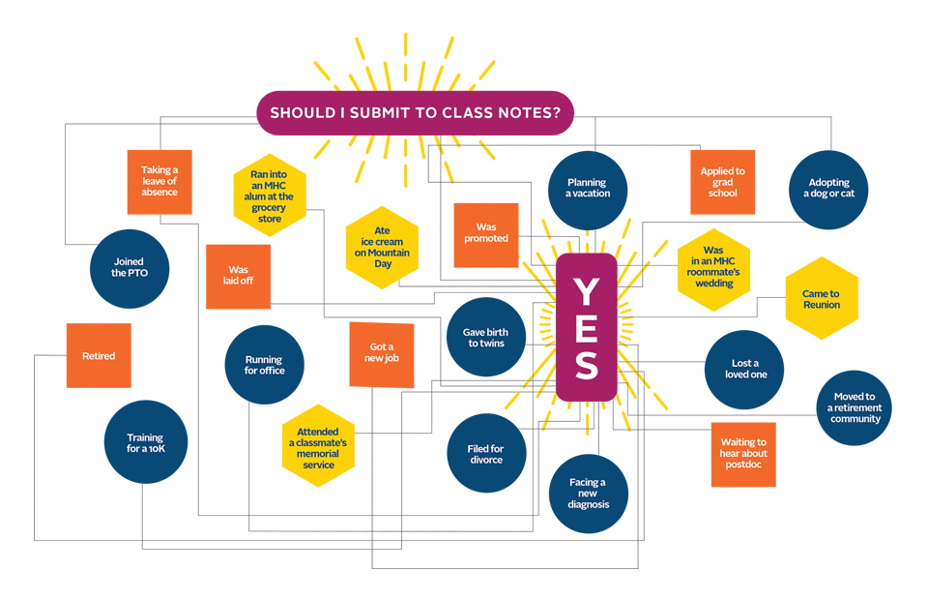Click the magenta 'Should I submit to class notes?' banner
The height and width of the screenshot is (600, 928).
(x=415, y=112)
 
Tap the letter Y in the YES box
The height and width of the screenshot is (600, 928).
(x=586, y=291)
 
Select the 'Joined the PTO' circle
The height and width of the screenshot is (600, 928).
(x=130, y=267)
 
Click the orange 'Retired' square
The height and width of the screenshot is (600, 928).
(x=99, y=356)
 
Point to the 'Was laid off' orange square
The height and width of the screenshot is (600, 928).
(x=238, y=277)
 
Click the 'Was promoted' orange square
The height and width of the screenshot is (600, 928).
(x=485, y=234)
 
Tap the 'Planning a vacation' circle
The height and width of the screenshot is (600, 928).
(x=587, y=189)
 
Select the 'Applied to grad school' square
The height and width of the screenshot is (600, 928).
(x=722, y=182)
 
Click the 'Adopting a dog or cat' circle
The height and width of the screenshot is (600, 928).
(x=828, y=189)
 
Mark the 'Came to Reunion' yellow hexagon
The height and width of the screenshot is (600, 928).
(x=821, y=299)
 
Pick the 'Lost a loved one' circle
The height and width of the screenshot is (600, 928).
(x=743, y=369)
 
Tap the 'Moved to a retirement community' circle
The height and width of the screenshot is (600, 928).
(x=855, y=408)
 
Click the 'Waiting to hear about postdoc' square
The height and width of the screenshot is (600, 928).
(x=743, y=454)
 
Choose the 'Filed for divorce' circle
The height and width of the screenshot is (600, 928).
(x=486, y=454)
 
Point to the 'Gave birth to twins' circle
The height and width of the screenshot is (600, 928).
(x=485, y=338)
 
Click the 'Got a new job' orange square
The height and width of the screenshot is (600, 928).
(x=381, y=352)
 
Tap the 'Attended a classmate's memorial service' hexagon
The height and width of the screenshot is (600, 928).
(x=318, y=444)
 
